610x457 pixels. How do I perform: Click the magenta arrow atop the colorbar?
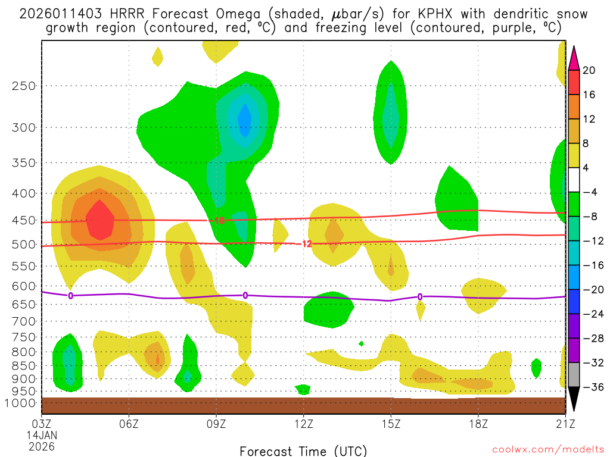pyautogui.click(x=574, y=57)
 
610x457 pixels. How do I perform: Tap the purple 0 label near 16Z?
pyautogui.click(x=420, y=297)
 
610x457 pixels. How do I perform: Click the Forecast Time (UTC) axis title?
pyautogui.click(x=303, y=450)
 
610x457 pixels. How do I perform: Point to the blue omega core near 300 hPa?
pyautogui.click(x=245, y=119)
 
